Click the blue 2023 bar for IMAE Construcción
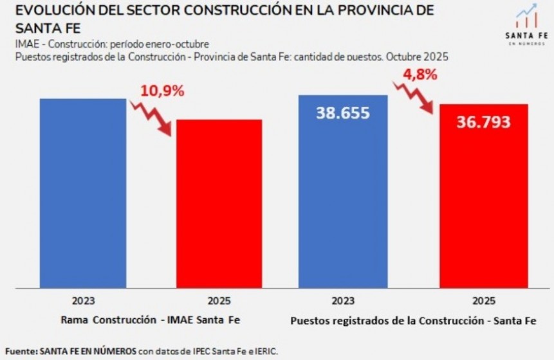pyautogui.click(x=83, y=193)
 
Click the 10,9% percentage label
pyautogui.click(x=162, y=91)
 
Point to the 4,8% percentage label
pyautogui.click(x=420, y=74)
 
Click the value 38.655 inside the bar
pyautogui.click(x=342, y=113)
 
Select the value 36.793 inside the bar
pyautogui.click(x=483, y=122)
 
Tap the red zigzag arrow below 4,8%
pyautogui.click(x=414, y=97)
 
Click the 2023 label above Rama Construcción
pyautogui.click(x=83, y=300)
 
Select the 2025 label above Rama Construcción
pyautogui.click(x=219, y=300)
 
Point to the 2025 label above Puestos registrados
pyautogui.click(x=483, y=300)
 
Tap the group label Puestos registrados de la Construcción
pyautogui.click(x=412, y=319)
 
